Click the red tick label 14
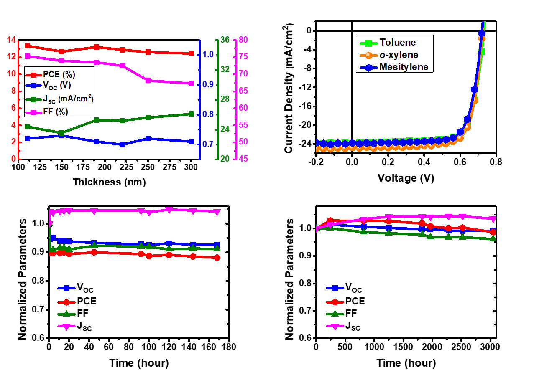coord(11,40)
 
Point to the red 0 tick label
coord(13,159)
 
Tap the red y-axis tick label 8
coord(13,91)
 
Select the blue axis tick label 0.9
coord(208,84)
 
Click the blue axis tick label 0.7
coord(208,144)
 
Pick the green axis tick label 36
coord(225,40)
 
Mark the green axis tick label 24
coord(225,129)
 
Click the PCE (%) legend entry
coord(58,75)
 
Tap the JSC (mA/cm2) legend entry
coord(67,99)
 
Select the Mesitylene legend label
coord(404,67)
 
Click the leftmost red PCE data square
coord(27,46)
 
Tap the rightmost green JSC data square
coord(192,114)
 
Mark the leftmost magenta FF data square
coord(27,56)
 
